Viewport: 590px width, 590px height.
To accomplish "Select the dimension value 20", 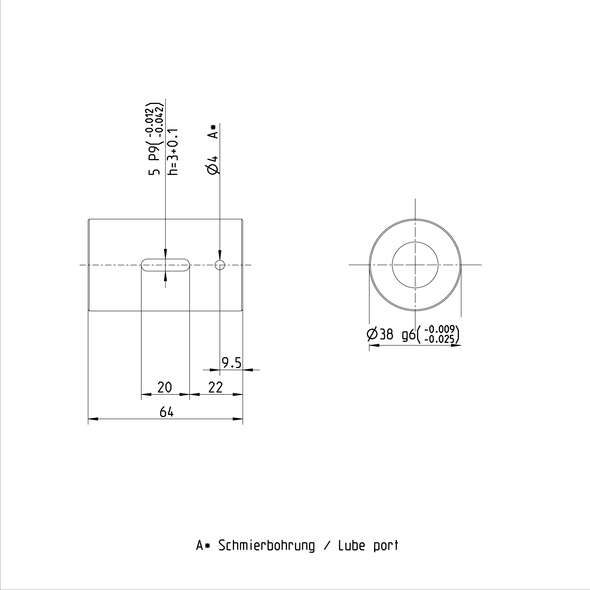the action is (165, 387).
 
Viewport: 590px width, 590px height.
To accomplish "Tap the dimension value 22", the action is (216, 387).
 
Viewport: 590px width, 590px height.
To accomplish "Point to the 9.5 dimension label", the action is (232, 363).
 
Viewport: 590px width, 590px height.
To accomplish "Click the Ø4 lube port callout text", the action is (213, 165).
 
